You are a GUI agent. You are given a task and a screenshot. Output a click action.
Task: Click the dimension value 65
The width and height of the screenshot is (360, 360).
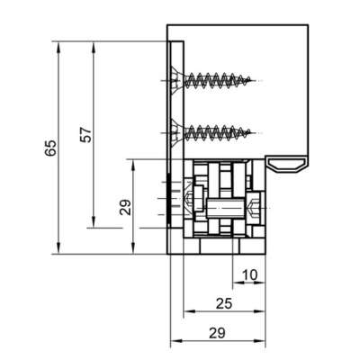(x=50, y=148)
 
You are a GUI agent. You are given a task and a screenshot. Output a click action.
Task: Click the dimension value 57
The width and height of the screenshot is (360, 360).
(x=85, y=135)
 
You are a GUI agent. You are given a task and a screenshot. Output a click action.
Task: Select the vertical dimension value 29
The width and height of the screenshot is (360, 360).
(x=125, y=207)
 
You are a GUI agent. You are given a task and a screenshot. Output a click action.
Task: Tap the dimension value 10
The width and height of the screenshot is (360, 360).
(x=249, y=274)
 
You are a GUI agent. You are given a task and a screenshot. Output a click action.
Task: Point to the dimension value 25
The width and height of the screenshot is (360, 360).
(x=224, y=303)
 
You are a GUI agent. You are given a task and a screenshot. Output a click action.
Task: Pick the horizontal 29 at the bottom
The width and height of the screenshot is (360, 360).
(x=217, y=333)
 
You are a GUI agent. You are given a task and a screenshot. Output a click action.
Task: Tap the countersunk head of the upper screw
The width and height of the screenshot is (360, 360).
(x=176, y=81)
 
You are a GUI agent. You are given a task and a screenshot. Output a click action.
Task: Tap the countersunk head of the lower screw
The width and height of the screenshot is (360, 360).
(x=176, y=132)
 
